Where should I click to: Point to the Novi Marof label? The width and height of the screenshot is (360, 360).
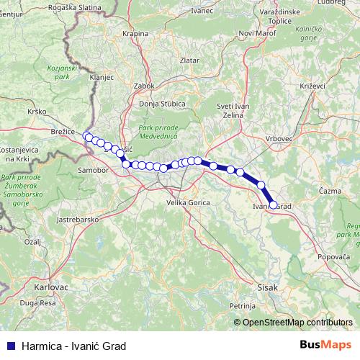257,33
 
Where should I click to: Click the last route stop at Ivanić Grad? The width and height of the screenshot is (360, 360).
273,204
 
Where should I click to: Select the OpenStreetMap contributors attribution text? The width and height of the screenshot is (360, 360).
297,323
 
